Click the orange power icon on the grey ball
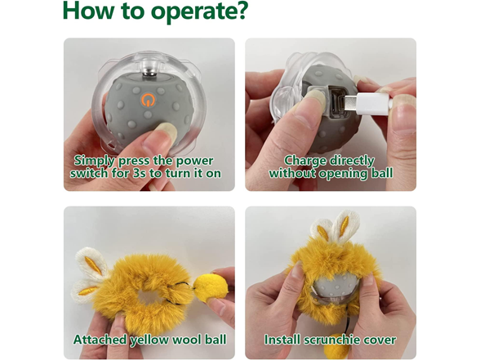pyautogui.click(x=147, y=100)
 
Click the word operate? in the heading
pyautogui.click(x=191, y=13)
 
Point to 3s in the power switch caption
pyautogui.click(x=164, y=174)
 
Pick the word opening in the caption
pyautogui.click(x=348, y=174)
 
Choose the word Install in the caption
pyautogui.click(x=282, y=340)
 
